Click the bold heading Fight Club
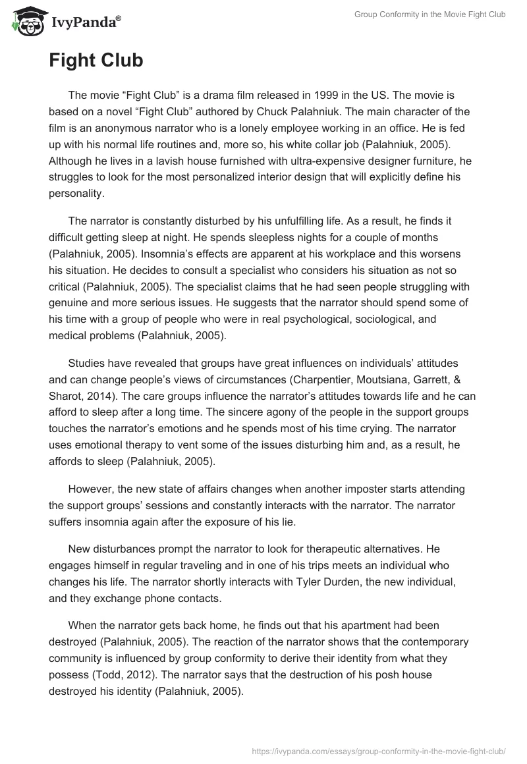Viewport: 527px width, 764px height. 96,61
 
